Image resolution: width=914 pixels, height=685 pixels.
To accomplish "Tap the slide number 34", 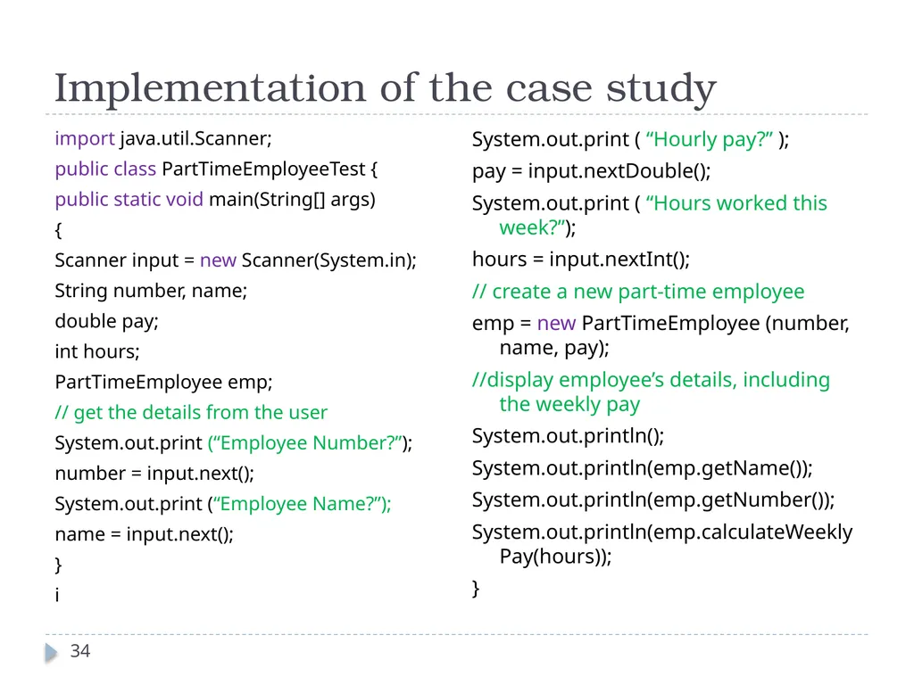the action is pos(80,650).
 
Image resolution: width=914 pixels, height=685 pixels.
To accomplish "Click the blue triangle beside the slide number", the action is pos(51,652).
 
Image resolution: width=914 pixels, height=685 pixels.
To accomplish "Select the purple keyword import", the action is pos(85,139).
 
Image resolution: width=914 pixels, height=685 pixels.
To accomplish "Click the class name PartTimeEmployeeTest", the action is pos(263,169).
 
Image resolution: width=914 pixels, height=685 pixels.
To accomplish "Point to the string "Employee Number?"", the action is pos(308,442).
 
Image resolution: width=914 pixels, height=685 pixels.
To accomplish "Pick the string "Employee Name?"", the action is pos(299,503).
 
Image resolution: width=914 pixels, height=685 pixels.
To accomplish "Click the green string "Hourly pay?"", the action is pos(710,140).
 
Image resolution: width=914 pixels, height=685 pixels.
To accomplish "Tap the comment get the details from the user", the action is pos(191,412).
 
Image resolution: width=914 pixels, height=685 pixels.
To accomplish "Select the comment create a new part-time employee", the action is pos(638,292).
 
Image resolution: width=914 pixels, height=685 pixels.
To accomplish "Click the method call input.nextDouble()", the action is pos(619,171).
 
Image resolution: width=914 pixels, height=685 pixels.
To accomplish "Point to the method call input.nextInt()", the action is pos(619,260).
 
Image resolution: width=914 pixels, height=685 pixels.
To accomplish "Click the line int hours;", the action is pos(97,351).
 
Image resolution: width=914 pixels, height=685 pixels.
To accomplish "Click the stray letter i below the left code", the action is pos(57,595).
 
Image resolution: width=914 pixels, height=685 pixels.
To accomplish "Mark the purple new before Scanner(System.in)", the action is pos(218,260).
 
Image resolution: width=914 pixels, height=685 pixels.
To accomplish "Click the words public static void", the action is pos(129,199).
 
